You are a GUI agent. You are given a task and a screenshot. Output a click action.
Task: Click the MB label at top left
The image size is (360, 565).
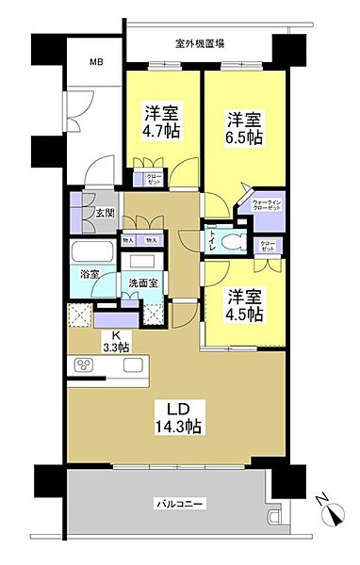point(96,63)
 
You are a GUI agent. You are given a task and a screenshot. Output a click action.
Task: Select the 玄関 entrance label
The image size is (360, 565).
point(104,214)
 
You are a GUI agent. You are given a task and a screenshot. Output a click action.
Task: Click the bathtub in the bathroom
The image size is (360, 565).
point(90,254)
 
